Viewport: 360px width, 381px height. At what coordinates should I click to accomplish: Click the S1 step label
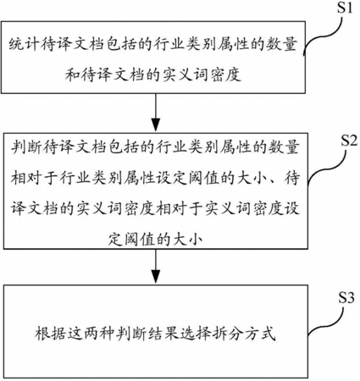coord(345,8)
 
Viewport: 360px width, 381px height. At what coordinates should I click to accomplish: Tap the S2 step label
coord(349,140)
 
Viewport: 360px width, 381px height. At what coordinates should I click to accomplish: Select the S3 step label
coord(346,297)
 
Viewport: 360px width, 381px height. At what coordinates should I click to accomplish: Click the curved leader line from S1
coord(324,36)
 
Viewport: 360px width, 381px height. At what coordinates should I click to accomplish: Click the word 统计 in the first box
coord(25,44)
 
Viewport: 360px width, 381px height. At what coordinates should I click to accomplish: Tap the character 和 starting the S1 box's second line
coord(73,75)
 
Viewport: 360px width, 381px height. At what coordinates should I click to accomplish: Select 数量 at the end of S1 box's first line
coord(281,44)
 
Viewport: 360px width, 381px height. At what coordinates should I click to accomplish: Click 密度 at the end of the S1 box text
coord(225,75)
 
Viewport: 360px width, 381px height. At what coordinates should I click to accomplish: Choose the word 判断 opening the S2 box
coord(27,147)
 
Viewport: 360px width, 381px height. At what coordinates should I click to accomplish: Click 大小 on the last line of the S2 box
coord(188,240)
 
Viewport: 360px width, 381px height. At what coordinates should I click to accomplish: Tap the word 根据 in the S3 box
coord(51,333)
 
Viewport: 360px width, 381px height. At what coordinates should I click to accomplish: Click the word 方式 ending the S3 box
coord(260,333)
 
